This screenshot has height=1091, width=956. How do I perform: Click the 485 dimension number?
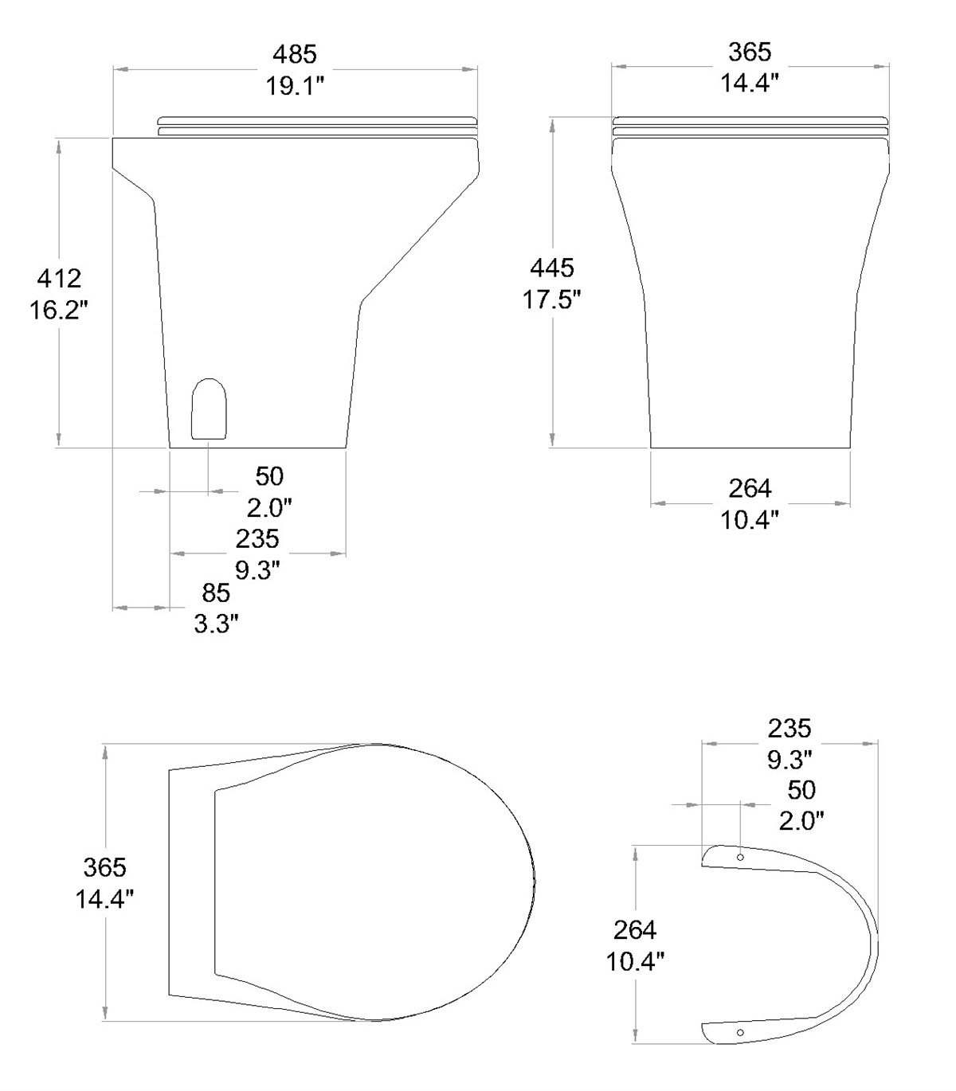[x=295, y=54]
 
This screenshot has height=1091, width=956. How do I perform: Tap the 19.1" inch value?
[x=295, y=86]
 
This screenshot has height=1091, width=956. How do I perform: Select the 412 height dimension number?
[x=59, y=279]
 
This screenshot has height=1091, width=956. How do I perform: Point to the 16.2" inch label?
[x=58, y=310]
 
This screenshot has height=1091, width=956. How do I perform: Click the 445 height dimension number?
[x=551, y=268]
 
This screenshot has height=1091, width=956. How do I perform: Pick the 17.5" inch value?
[x=551, y=299]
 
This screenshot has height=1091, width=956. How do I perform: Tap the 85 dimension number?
[x=216, y=592]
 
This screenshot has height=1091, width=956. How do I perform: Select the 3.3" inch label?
[x=216, y=624]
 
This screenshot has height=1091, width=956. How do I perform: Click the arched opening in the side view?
[x=209, y=409]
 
